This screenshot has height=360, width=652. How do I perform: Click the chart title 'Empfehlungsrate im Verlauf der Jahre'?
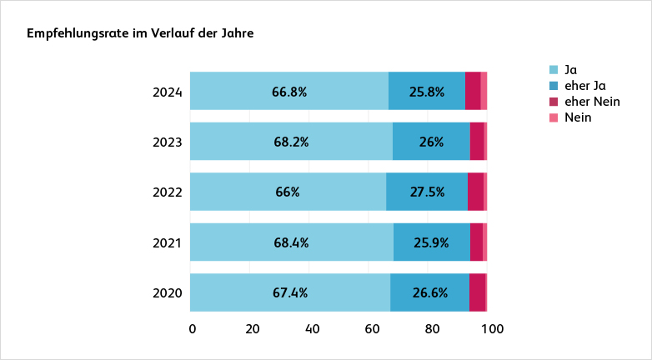tap(140, 34)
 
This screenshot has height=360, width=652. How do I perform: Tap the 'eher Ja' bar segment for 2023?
tap(431, 142)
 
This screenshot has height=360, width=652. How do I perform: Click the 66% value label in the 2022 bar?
tap(288, 192)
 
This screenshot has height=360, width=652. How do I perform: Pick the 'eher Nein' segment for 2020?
tap(477, 292)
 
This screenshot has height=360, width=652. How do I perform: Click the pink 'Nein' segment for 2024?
tap(484, 91)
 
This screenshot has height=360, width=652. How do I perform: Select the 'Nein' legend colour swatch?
tap(554, 118)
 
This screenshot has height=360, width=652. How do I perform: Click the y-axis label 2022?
tap(168, 192)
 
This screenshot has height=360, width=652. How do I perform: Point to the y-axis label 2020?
tap(168, 293)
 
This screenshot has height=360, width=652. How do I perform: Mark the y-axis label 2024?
tap(168, 92)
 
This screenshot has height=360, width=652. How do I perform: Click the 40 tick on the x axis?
tap(313, 329)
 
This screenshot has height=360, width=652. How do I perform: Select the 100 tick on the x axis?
tap(492, 329)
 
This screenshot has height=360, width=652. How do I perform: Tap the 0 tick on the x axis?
tap(193, 329)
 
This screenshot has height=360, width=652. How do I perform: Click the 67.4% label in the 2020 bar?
tap(290, 293)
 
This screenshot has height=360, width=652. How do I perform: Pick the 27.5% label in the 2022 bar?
tap(427, 192)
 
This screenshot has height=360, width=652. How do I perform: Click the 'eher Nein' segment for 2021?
tap(476, 242)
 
